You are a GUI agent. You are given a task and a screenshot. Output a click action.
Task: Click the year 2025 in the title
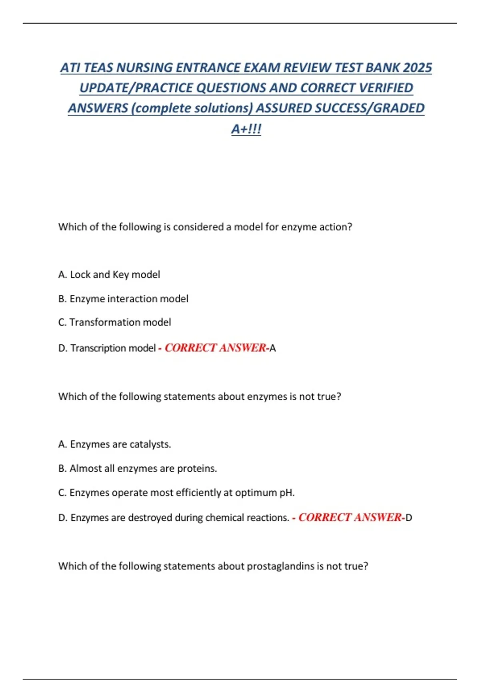click(417, 68)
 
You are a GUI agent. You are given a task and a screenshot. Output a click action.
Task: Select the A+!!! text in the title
click(246, 129)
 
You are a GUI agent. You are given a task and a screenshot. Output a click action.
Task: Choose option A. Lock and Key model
click(109, 275)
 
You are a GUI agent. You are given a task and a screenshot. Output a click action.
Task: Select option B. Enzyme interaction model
click(123, 299)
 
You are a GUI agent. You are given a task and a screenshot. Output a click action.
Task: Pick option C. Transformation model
click(114, 322)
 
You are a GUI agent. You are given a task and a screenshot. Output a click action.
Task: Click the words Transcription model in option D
click(113, 348)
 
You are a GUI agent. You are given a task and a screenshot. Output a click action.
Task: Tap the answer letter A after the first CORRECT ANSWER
click(273, 348)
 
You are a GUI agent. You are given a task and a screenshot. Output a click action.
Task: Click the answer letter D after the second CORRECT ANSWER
click(409, 518)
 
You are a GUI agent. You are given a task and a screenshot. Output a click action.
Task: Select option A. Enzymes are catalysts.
click(114, 444)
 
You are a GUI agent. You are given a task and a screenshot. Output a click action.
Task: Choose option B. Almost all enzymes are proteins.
click(137, 468)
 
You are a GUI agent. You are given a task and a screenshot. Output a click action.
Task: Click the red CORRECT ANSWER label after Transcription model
click(215, 348)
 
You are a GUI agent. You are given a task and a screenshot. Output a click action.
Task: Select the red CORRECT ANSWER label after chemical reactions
click(350, 518)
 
